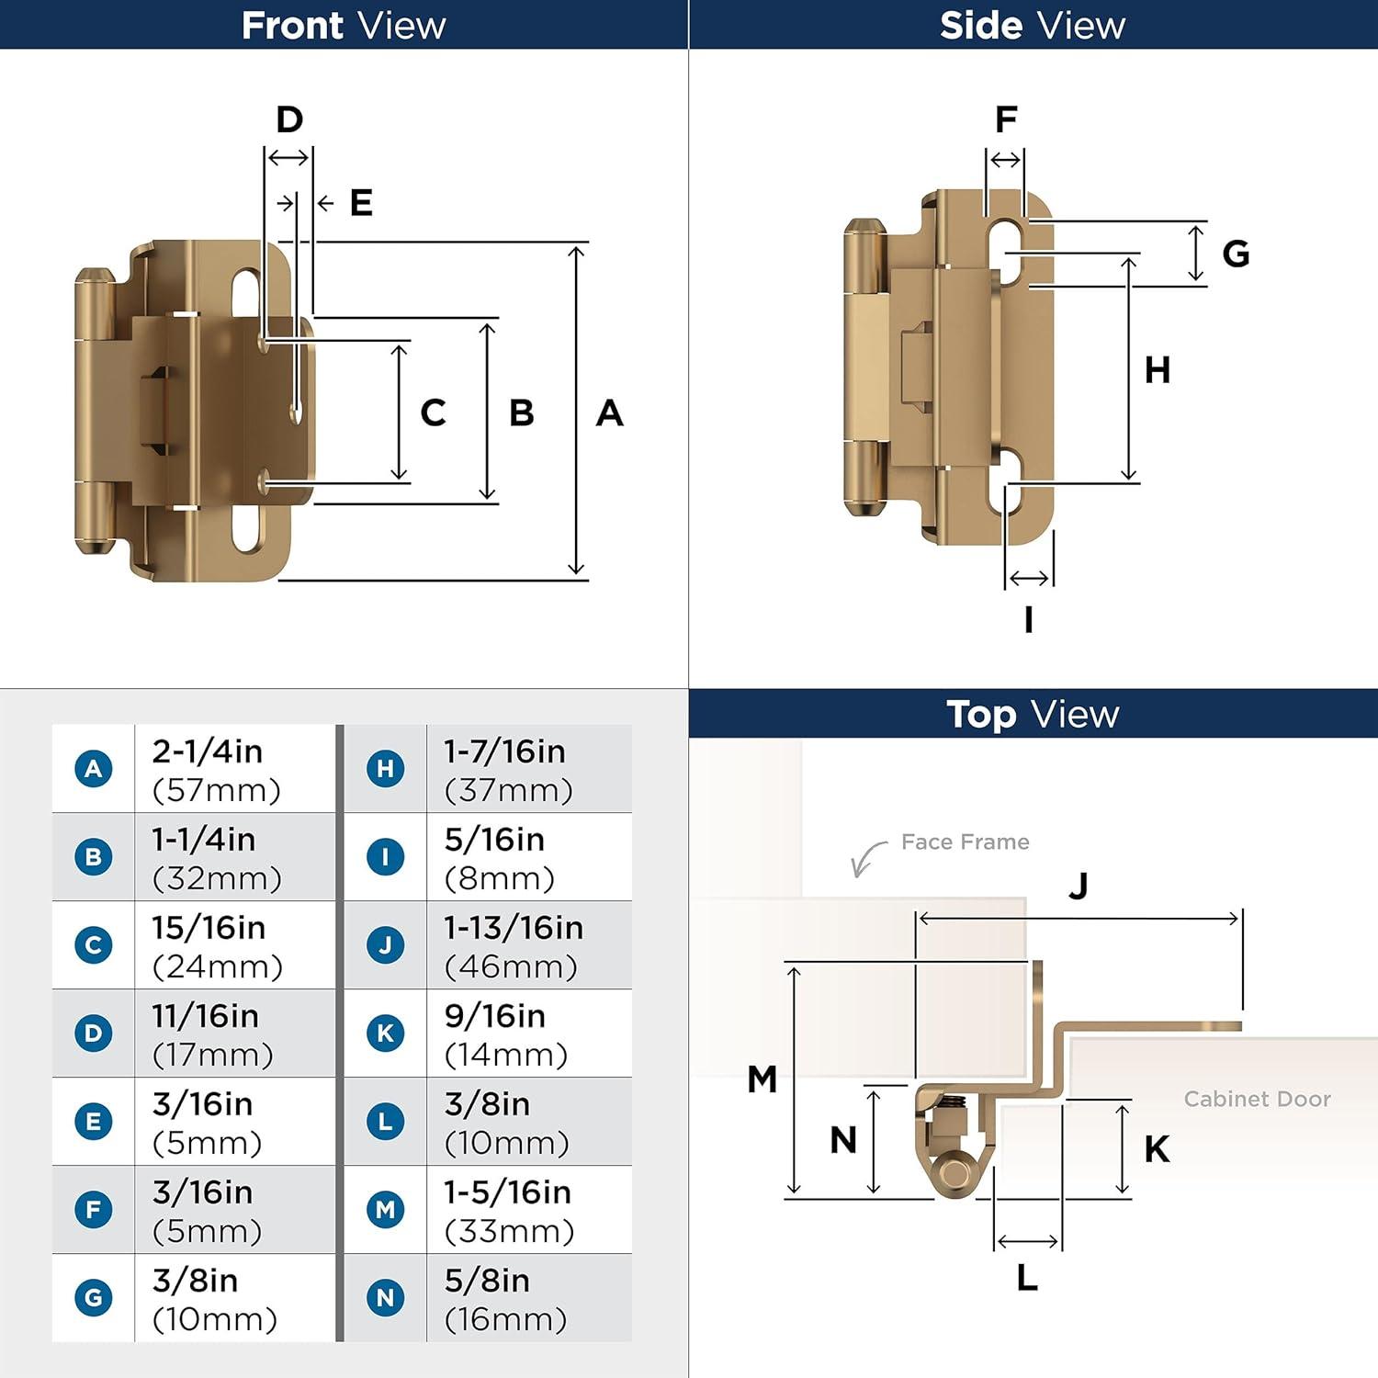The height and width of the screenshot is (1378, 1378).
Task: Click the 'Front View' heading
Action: coord(344,25)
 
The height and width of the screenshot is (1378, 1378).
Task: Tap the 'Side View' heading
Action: coord(1033,25)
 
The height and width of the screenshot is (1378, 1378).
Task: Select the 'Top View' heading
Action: coord(1033,714)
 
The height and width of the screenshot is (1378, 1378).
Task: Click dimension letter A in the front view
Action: coord(609,413)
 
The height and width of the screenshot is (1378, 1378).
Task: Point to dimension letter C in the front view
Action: coord(433,413)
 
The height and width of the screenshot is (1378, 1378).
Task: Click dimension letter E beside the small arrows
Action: coord(361,203)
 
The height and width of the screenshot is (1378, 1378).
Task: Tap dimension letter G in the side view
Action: coord(1236,254)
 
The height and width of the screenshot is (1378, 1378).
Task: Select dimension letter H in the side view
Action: coord(1157,370)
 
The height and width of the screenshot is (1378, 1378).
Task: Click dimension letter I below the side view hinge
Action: coord(1028,620)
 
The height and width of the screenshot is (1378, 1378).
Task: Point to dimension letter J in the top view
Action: coord(1079,886)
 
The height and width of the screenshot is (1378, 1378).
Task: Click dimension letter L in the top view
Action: coord(1027,1277)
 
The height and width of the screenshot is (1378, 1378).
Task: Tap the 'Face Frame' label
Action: coord(965,841)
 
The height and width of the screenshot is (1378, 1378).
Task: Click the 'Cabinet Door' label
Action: coord(1257,1099)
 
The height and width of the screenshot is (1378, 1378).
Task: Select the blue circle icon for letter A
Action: coord(94,768)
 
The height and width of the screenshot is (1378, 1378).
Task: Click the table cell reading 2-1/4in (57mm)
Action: coord(217,770)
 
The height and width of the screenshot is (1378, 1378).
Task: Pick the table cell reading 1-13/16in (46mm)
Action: coord(513,946)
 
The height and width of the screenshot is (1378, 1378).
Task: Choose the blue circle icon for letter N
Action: coord(385,1297)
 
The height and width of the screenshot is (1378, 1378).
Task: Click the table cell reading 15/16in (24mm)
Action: coord(217,946)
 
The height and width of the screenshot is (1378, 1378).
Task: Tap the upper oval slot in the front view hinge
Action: coord(246,292)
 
